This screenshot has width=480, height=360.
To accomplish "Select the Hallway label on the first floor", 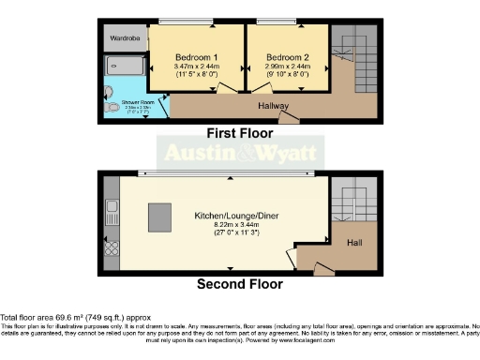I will tap(274, 106).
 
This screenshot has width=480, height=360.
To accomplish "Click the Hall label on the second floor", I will tap(353, 242).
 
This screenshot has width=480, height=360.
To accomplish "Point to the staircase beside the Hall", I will tap(353, 200).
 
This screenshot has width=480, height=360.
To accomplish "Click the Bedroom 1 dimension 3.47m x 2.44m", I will tap(196, 67).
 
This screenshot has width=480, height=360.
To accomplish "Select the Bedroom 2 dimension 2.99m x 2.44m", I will tap(287, 67).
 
